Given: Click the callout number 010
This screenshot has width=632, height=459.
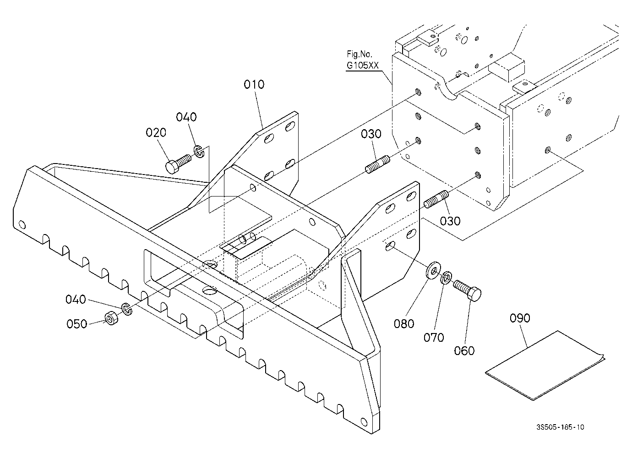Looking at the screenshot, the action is (x=254, y=84).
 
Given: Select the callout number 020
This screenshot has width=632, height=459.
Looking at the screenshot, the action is (x=156, y=132).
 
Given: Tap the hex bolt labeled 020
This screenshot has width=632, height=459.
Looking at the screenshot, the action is (x=178, y=164).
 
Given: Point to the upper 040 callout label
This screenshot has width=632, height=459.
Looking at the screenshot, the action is (x=186, y=117).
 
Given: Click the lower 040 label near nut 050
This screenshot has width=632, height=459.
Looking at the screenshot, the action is (x=76, y=299).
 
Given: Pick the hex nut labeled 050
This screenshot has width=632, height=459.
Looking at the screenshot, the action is (x=111, y=318).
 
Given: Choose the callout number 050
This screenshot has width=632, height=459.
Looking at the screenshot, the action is (x=77, y=324).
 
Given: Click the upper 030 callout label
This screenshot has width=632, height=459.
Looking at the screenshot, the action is (x=371, y=134).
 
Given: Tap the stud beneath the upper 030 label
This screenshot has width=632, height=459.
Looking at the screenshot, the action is (x=377, y=164).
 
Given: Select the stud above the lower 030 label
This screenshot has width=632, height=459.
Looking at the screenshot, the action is (x=436, y=199).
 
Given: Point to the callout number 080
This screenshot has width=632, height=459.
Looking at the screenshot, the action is (x=404, y=324).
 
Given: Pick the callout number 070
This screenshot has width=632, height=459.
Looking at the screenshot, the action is (x=434, y=337).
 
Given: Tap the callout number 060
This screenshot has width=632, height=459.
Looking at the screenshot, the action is (x=464, y=351).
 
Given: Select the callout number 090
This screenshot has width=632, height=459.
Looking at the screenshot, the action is (x=520, y=318).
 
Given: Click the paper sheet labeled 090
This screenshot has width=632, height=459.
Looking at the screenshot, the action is (x=545, y=366).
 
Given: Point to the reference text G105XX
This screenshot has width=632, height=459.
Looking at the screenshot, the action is (x=363, y=66).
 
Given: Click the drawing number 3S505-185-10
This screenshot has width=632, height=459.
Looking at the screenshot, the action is (x=561, y=427).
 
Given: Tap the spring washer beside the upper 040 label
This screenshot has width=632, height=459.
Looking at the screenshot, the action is (x=199, y=152).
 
